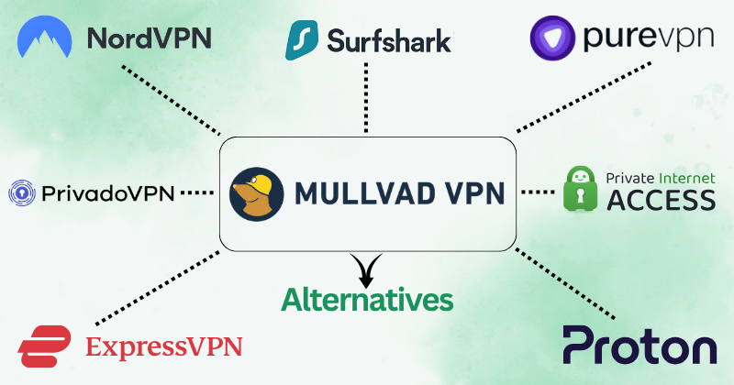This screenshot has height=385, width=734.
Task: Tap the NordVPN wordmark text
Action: click(149, 38)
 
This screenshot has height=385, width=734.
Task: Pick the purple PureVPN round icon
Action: click(551, 39)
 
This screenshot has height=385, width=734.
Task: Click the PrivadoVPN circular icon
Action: click(21, 192)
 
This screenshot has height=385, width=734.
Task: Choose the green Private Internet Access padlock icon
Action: click(582, 190)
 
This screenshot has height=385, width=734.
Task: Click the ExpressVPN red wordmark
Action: click(163, 346)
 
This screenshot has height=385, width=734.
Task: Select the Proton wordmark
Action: click(639, 346)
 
